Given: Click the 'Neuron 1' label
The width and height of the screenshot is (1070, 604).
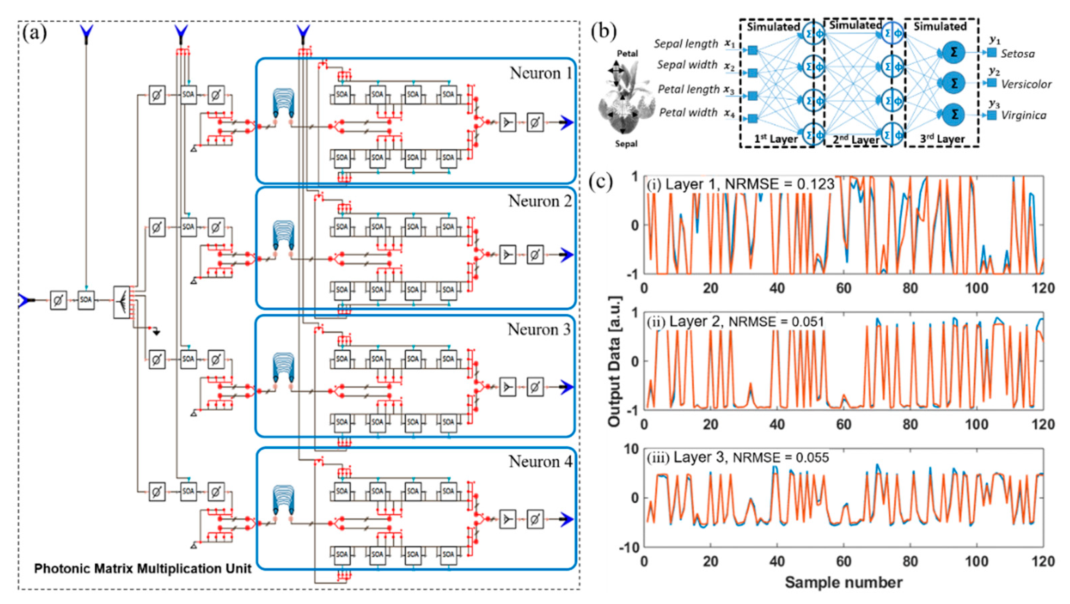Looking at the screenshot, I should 541,73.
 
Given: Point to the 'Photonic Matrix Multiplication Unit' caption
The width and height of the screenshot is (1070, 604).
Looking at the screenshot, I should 142,568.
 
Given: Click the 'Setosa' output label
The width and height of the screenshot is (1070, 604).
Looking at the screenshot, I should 1017,54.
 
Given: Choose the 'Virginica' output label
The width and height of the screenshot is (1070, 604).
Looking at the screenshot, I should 1023,115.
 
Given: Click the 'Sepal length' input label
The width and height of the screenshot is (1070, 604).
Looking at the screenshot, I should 686,44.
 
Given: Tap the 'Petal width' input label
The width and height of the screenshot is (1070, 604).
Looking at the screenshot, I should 688,112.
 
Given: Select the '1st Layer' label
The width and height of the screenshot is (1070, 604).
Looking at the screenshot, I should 776,139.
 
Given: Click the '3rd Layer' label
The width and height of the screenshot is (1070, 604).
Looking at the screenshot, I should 942,139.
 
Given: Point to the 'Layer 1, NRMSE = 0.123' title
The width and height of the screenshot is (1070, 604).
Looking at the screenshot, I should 741,184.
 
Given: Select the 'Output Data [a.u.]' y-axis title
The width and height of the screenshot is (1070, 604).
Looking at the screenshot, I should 614,361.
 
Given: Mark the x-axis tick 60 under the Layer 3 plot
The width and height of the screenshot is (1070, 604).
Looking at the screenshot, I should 844,562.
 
